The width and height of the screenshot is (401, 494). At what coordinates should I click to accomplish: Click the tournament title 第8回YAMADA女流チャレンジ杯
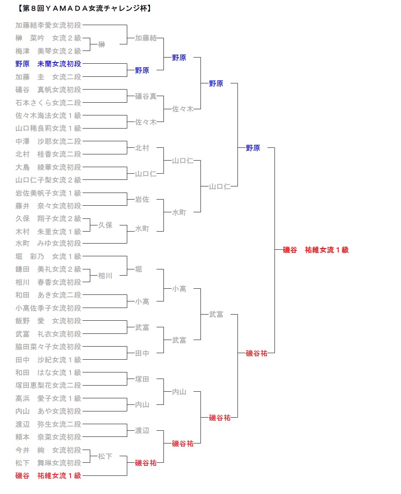point(84,8)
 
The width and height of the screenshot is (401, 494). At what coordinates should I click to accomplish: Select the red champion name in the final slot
point(315,250)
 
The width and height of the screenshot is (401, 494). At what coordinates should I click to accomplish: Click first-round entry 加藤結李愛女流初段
point(48,25)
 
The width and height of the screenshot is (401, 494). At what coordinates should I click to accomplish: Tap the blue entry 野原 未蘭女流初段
point(48,64)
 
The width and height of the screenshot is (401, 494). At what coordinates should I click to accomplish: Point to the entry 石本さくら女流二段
point(48,103)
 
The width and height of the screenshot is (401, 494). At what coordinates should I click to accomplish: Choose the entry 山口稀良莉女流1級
point(48,129)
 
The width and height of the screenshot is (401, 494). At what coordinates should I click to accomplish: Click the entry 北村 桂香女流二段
point(48,154)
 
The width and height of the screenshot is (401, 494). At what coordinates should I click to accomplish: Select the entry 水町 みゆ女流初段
point(48,244)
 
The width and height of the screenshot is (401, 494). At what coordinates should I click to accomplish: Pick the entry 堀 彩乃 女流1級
point(48,257)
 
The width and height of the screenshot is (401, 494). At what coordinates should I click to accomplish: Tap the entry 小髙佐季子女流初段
point(48,308)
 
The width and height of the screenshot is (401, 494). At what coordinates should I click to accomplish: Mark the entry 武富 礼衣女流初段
point(48,334)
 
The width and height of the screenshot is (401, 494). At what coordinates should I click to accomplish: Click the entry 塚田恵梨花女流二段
point(48,386)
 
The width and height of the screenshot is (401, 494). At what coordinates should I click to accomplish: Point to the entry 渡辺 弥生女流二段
point(48,425)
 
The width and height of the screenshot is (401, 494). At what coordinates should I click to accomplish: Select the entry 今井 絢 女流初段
point(48,450)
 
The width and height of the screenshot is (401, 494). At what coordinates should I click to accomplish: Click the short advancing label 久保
point(105,225)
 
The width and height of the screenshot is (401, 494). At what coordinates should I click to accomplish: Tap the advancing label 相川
point(105,276)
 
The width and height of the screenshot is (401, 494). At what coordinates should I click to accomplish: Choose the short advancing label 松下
point(105,457)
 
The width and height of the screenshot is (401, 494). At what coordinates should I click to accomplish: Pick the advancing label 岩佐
point(142,200)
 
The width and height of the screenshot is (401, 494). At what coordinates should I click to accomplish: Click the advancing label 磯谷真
point(145,96)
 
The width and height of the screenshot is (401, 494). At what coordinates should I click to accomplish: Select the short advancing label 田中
point(142,354)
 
